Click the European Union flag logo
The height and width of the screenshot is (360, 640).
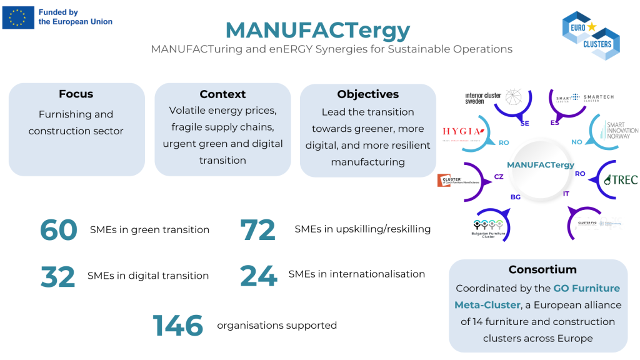click(x=18, y=17)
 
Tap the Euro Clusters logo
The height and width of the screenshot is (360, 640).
click(x=590, y=34)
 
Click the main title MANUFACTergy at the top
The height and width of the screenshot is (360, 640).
click(x=317, y=29)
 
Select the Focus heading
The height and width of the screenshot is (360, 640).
click(x=76, y=94)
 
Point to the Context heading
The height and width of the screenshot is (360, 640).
click(x=222, y=94)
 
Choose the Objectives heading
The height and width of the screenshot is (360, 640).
click(x=367, y=94)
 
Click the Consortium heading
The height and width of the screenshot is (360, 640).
click(x=538, y=269)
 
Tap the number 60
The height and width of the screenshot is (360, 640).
click(x=59, y=230)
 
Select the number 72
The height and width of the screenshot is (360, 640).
click(x=257, y=230)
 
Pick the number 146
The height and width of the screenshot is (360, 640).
click(x=178, y=326)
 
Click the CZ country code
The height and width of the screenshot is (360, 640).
click(x=499, y=177)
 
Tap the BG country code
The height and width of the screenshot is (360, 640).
click(x=516, y=197)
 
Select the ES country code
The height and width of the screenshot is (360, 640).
click(x=554, y=122)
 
